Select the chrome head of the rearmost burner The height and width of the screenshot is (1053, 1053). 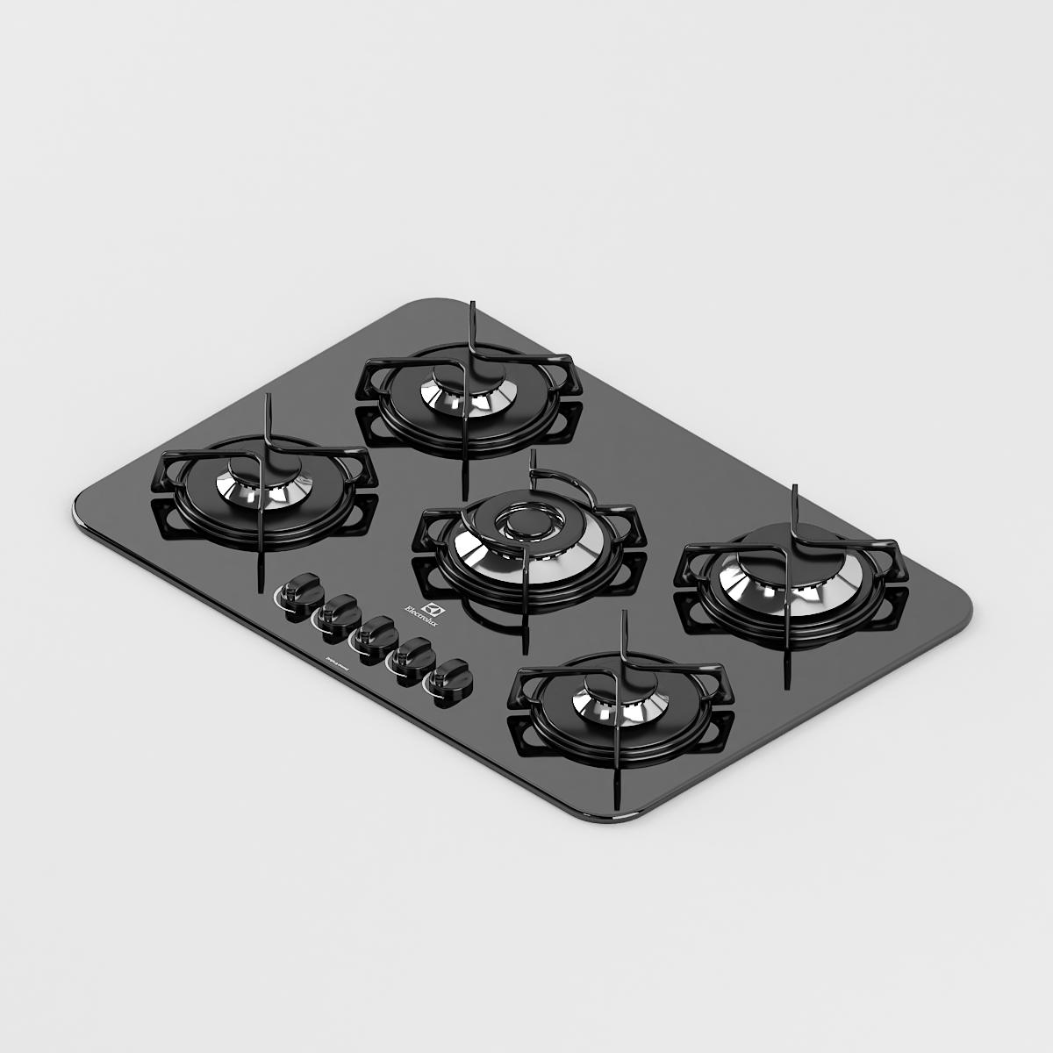coord(462,394)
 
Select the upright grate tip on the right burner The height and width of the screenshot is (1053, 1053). coord(795,497)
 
